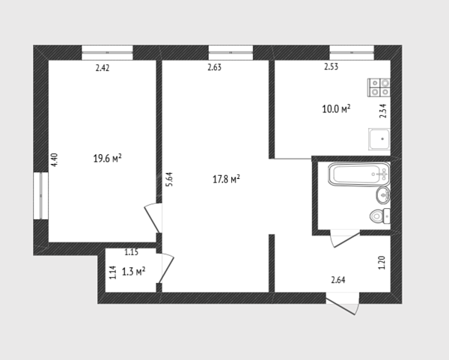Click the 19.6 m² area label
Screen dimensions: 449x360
107,158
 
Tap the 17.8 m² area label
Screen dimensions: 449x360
226,180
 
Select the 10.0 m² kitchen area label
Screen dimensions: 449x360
336,109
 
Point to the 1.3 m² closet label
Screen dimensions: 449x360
133,271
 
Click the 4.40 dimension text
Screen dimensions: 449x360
54,160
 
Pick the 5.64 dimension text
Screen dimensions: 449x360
170,180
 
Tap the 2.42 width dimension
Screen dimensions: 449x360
103,68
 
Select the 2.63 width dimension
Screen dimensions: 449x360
215,67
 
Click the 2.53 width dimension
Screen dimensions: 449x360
332,67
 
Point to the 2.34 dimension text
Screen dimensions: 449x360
383,111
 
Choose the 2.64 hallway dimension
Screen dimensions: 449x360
338,280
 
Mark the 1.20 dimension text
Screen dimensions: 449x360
382,263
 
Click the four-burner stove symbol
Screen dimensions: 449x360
379,88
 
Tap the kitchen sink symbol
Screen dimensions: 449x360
379,139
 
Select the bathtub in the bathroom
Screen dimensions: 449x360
359,174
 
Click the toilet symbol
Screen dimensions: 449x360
379,216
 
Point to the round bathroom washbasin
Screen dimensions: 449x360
383,195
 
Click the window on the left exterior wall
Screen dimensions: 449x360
41,195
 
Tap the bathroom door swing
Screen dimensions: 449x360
345,239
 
